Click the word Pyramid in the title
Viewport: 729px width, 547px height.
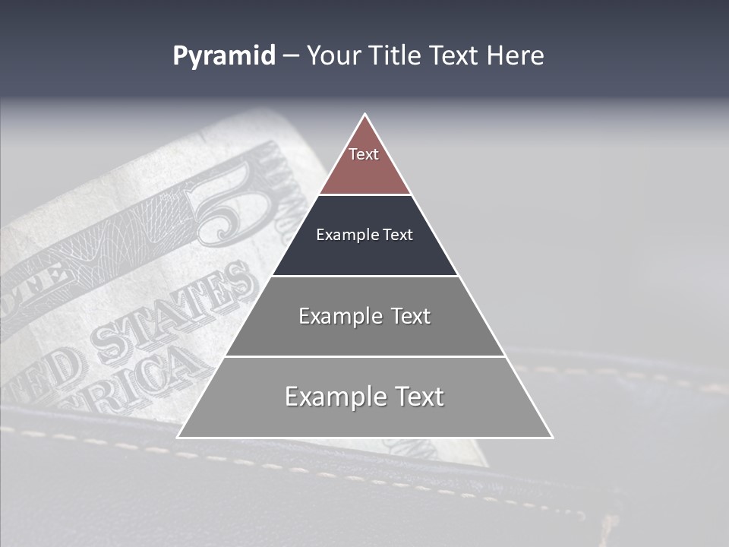pos(224,56)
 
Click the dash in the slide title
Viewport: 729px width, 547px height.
pos(291,57)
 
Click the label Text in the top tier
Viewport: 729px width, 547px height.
pos(364,154)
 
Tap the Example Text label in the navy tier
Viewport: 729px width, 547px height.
pos(364,235)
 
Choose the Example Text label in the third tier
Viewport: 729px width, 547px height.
pos(364,316)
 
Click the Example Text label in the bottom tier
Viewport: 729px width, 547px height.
pos(364,397)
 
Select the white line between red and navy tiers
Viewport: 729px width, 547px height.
pos(364,194)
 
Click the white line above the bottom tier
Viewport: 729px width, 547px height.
pos(364,356)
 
